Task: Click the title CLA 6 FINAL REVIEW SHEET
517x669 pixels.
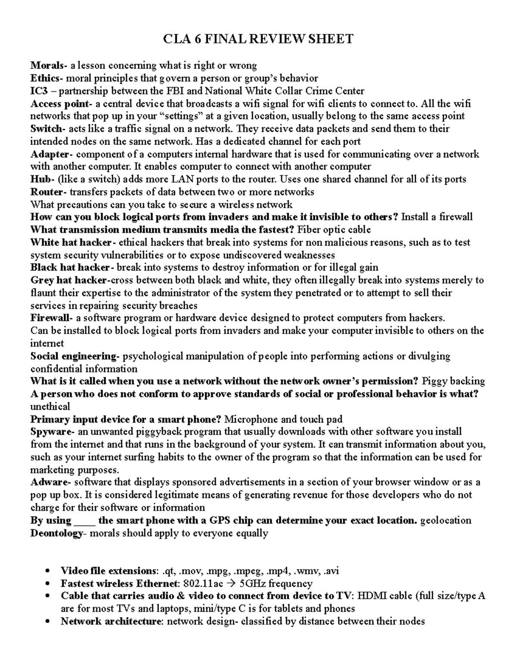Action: click(x=258, y=40)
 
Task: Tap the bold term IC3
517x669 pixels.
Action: click(x=38, y=91)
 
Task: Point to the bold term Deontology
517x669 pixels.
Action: click(x=56, y=533)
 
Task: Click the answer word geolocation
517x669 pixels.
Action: click(x=445, y=520)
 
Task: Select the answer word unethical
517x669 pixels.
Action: click(x=50, y=407)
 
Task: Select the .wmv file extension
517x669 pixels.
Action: click(x=306, y=571)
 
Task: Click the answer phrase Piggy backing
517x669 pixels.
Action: click(x=453, y=381)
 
